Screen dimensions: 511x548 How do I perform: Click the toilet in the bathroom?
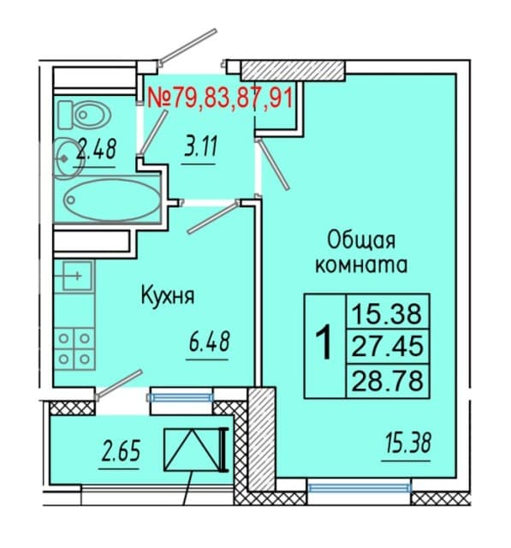[x=84, y=114]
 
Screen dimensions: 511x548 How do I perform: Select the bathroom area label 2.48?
[x=97, y=149]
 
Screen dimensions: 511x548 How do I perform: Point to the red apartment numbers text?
[x=220, y=97]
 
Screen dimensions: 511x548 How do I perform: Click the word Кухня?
[x=167, y=295]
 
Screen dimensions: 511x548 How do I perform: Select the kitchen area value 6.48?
[x=209, y=342]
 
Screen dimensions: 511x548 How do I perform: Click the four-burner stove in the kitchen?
[x=74, y=348]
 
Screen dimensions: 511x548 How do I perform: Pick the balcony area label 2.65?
[x=121, y=450]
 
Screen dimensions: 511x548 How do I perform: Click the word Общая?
[x=361, y=241]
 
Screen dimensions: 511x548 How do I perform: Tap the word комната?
[x=361, y=265]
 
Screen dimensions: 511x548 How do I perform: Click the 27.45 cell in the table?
[x=388, y=346]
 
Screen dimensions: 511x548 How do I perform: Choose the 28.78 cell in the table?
[x=388, y=380]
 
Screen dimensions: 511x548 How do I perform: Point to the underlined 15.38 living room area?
[x=408, y=443]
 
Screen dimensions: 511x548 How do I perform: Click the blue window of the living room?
[x=359, y=487]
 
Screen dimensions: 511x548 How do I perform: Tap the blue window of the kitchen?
[x=181, y=397]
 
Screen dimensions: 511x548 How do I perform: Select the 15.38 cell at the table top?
[x=388, y=313]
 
